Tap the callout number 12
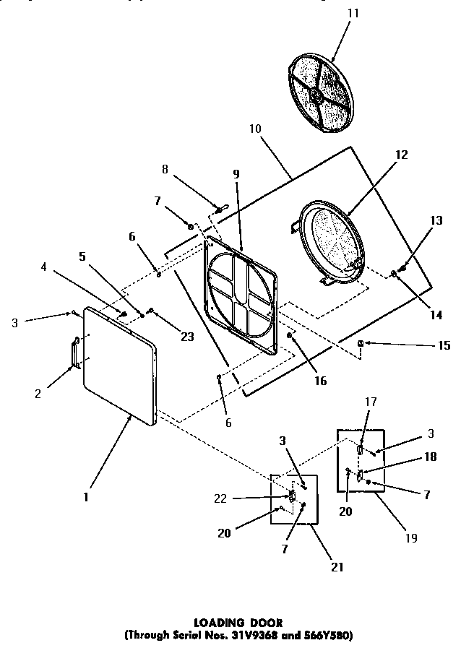[x=401, y=155]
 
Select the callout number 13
[x=436, y=220]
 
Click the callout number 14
[x=435, y=315]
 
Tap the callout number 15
[x=444, y=346]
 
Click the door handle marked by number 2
[x=74, y=354]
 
